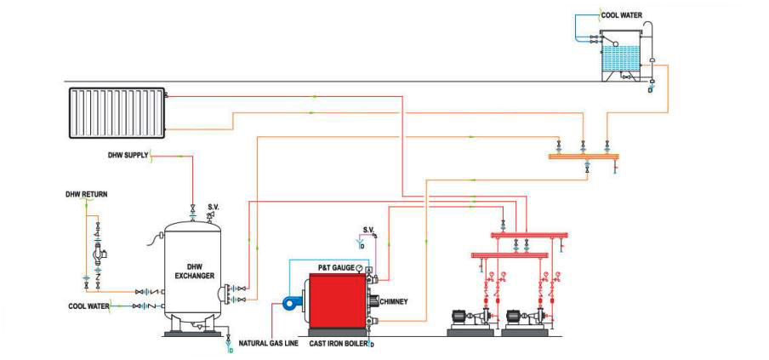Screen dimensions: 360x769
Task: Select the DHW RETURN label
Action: click(86, 194)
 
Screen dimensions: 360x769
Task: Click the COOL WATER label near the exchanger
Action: click(88, 305)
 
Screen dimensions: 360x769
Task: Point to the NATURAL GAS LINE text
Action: click(271, 345)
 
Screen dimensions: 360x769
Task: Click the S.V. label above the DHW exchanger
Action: click(212, 204)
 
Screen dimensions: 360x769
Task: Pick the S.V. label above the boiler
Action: click(368, 230)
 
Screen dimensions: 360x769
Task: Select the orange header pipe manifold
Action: click(584, 157)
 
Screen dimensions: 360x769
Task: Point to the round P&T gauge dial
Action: click(359, 268)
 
